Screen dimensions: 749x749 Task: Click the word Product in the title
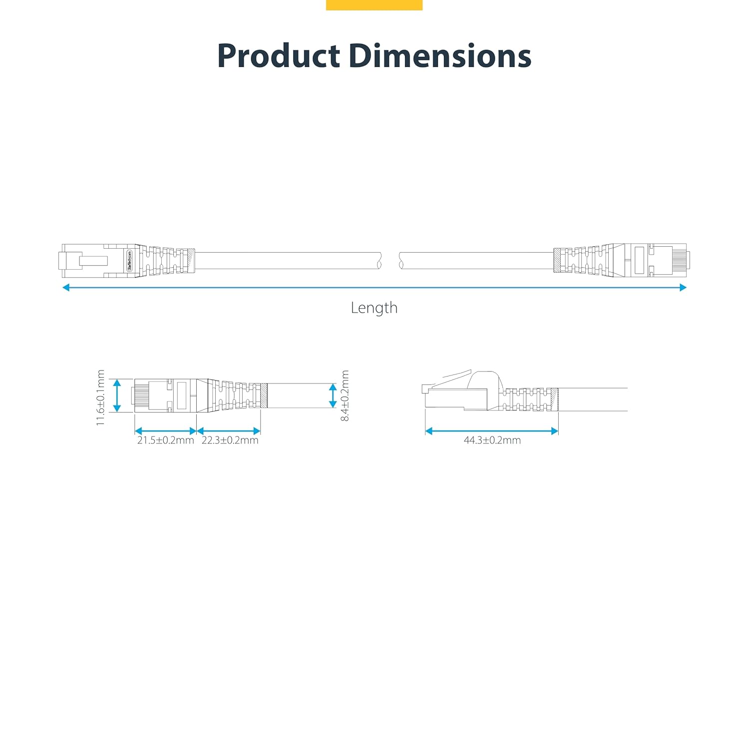(279, 55)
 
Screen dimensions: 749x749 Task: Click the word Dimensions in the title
(439, 55)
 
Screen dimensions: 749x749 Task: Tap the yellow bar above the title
(374, 5)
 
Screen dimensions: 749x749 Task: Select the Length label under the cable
(374, 308)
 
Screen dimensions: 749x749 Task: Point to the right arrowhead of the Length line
(683, 287)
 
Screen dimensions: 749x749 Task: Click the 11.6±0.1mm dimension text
(101, 398)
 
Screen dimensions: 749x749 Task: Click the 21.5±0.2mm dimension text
(165, 440)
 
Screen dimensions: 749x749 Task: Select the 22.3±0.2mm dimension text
(230, 440)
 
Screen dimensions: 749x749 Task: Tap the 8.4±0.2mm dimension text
(345, 396)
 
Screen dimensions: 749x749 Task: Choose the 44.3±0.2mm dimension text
(492, 440)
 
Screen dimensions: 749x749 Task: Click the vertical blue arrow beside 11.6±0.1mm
(117, 395)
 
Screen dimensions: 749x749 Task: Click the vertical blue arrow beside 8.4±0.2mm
(333, 395)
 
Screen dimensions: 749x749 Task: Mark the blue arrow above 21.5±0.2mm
(165, 431)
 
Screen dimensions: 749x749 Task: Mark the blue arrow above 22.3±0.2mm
(229, 431)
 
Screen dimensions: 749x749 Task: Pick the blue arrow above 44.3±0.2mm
(491, 431)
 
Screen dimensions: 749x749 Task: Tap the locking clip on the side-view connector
(452, 378)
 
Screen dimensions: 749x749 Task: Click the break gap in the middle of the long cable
(390, 261)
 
